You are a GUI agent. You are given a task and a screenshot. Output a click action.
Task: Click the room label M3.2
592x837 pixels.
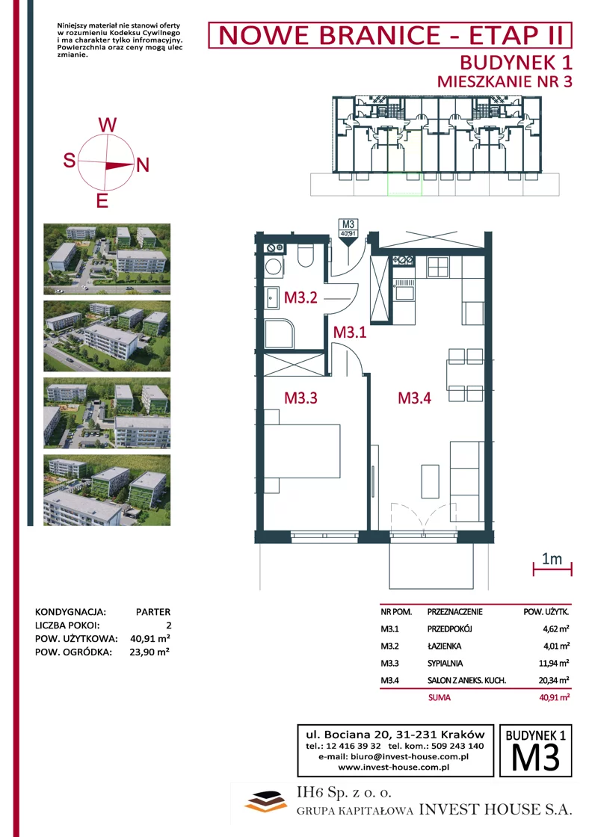(x=300, y=297)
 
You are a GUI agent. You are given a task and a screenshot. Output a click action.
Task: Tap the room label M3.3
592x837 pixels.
(x=300, y=398)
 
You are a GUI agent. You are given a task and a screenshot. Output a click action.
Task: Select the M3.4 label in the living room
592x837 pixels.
(x=415, y=398)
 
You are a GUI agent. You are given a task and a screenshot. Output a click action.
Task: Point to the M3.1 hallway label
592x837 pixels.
(x=350, y=332)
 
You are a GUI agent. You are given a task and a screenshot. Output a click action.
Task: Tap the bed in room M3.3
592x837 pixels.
(x=302, y=451)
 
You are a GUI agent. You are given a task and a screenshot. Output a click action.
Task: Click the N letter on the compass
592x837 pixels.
(x=143, y=165)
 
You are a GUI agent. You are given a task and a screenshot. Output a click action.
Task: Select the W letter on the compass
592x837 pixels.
(x=108, y=125)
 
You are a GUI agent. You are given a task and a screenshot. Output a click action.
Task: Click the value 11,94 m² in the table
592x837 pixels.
(x=554, y=664)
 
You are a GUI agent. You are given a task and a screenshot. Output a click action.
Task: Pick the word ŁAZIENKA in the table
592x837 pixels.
(x=444, y=646)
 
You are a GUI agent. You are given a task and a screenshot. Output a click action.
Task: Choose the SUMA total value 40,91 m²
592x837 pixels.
(x=554, y=697)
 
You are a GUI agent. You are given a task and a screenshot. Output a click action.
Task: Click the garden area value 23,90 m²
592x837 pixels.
(x=149, y=652)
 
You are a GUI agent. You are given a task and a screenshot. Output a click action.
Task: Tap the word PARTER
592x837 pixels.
(x=153, y=612)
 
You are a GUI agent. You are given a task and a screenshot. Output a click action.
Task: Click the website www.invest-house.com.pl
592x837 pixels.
(x=393, y=767)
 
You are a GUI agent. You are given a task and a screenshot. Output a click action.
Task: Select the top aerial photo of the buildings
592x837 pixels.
(x=107, y=259)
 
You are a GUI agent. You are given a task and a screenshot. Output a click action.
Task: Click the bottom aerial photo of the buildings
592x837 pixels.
(x=107, y=490)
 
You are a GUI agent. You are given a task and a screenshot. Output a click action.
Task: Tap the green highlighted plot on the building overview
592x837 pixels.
(x=404, y=184)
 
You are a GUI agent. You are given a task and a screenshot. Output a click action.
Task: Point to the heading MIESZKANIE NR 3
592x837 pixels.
(x=505, y=81)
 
